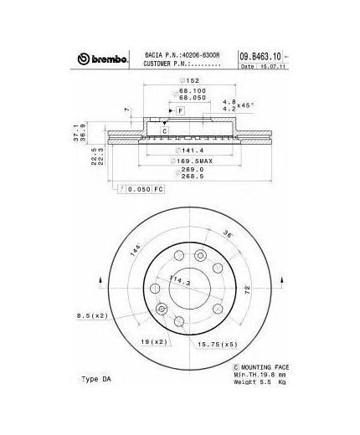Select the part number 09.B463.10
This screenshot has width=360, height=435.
pos(260,55)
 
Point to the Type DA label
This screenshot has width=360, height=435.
pos(98,379)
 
